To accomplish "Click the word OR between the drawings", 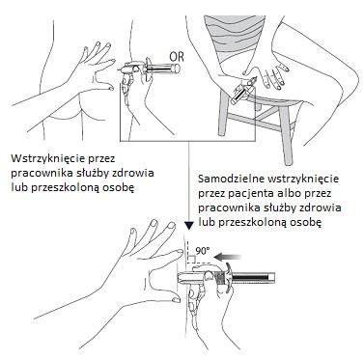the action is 178,57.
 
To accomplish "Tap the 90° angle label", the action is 202,252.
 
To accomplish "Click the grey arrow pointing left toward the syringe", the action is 228,257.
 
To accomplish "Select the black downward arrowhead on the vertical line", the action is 189,226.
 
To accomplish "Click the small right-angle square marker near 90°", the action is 190,260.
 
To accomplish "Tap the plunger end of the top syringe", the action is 176,68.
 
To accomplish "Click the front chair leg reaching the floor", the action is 287,135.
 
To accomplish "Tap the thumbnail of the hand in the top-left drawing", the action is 111,88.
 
